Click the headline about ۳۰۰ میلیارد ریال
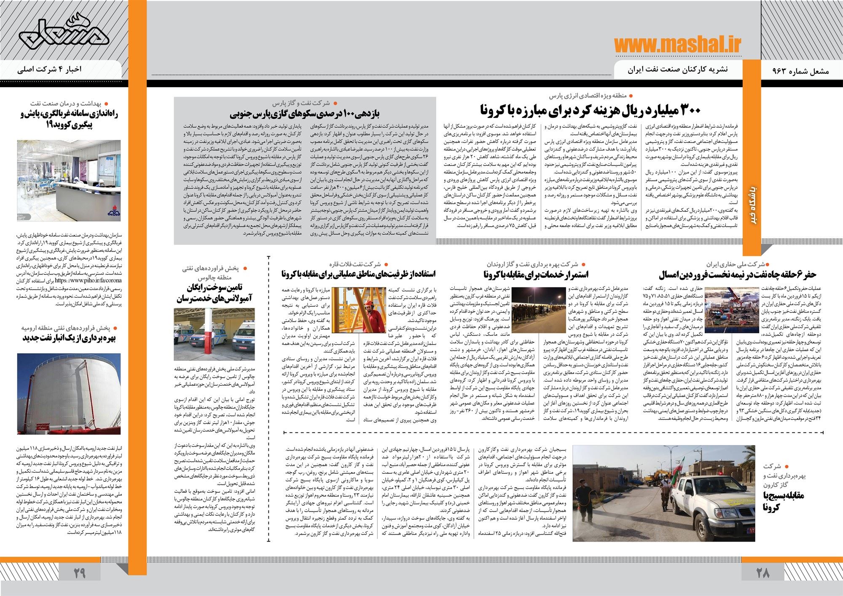pyautogui.click(x=591, y=110)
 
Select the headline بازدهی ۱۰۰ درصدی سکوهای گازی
pyautogui.click(x=306, y=114)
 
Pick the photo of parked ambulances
pyautogui.click(x=214, y=334)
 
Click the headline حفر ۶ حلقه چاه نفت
pyautogui.click(x=754, y=275)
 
